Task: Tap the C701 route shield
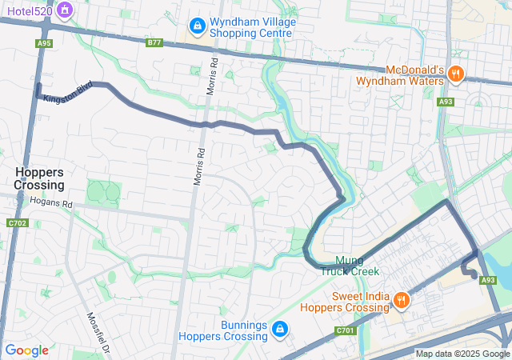[x=345, y=330]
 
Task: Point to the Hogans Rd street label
[x=50, y=204]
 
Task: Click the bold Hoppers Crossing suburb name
[x=38, y=178]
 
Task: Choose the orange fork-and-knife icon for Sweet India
[x=401, y=299]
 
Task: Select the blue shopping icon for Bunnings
[x=280, y=329]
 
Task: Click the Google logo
[x=26, y=350]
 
